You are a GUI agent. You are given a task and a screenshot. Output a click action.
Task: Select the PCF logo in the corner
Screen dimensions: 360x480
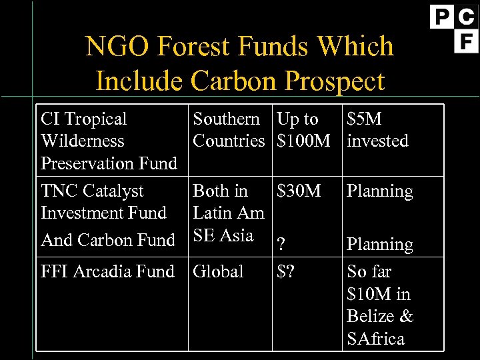point(454,28)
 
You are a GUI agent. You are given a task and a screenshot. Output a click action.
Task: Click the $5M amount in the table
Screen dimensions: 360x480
point(364,119)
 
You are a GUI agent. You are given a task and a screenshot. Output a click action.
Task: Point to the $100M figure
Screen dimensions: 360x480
point(303,141)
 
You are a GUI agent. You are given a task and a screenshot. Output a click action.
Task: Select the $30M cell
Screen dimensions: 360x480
point(299,191)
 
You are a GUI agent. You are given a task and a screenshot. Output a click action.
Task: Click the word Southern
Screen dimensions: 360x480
point(227,119)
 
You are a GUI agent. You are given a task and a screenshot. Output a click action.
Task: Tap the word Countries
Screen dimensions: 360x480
point(229,141)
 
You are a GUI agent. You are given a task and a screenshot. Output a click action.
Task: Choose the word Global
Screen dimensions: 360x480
point(218,272)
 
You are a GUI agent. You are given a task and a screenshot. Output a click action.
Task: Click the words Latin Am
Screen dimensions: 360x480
point(229,213)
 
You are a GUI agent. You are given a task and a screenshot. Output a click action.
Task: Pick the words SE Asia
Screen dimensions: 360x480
point(223,235)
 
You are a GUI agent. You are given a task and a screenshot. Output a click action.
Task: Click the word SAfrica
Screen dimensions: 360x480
point(376,339)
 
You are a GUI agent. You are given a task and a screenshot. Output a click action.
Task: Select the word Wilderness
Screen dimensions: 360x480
point(83,141)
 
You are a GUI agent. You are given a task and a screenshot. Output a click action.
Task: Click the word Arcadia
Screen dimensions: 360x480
point(102,272)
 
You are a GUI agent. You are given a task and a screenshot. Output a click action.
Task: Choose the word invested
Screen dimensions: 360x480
point(377,141)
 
